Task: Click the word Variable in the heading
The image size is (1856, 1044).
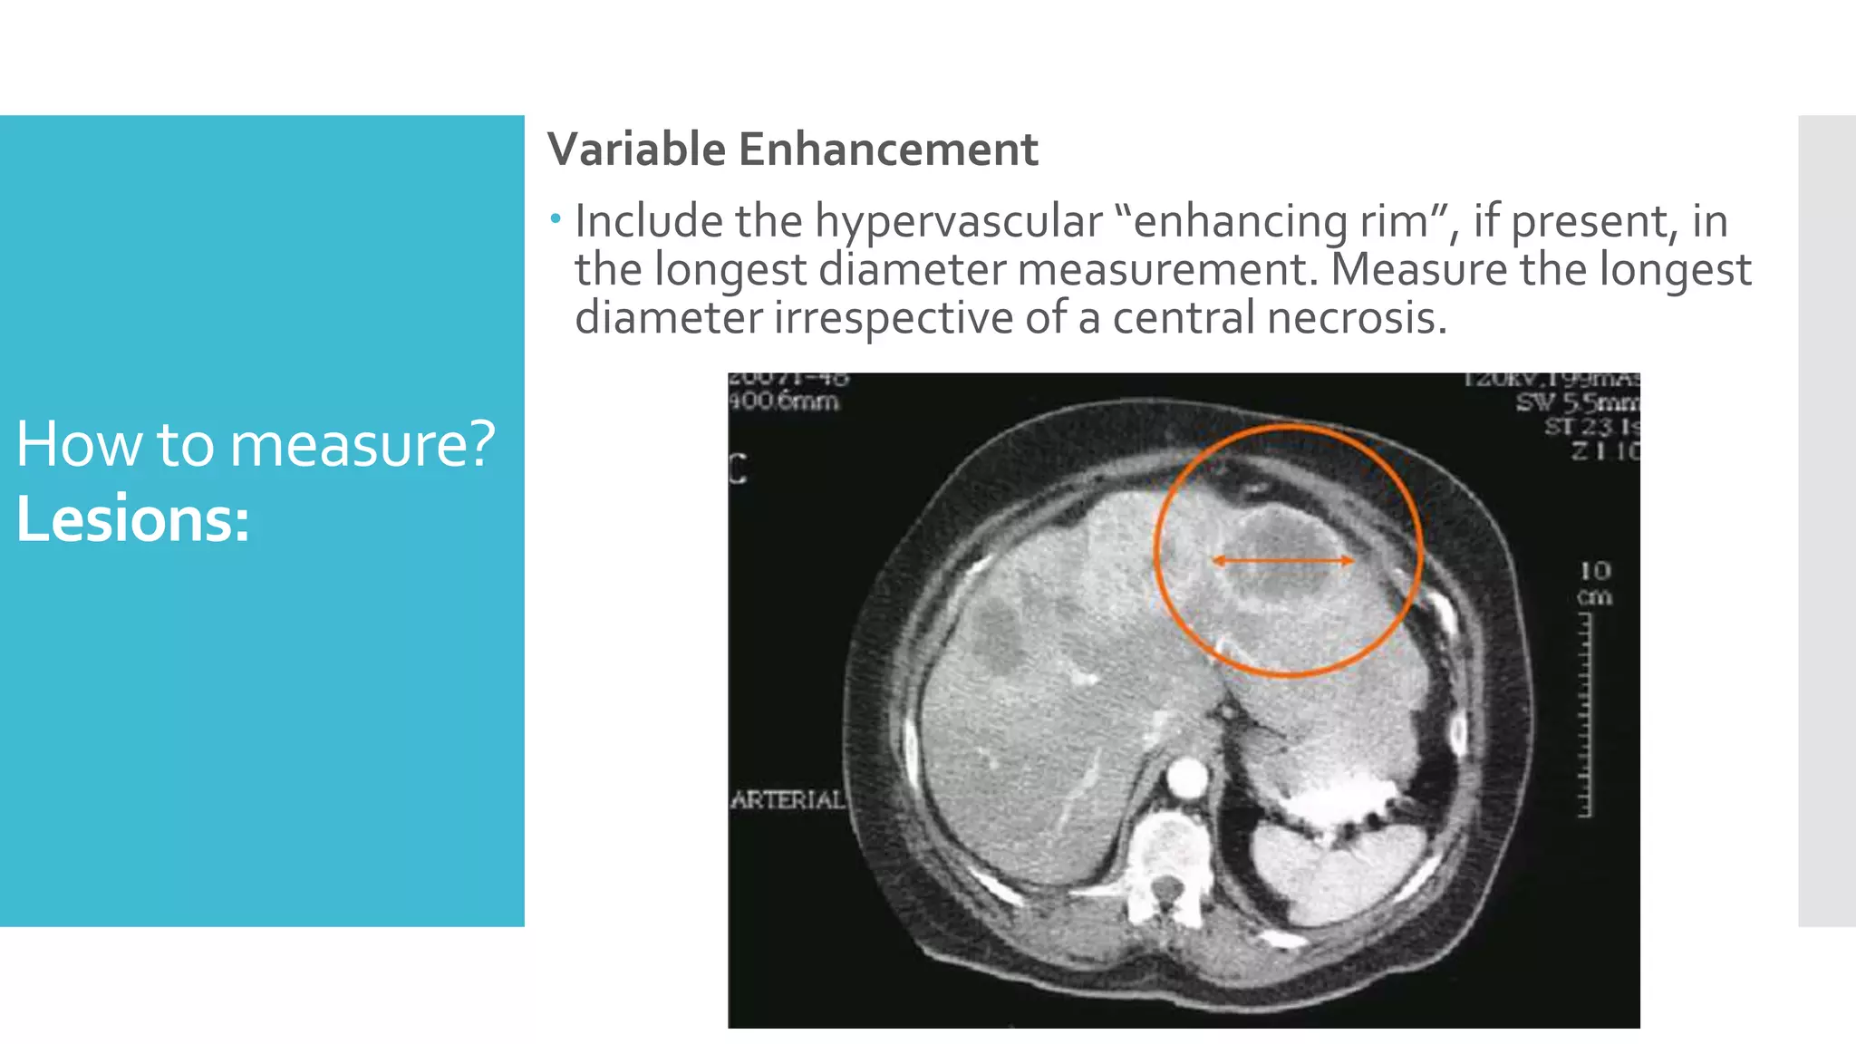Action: (635, 150)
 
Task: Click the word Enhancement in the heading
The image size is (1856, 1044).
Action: (887, 150)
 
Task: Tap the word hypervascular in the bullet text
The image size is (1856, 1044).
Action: (958, 222)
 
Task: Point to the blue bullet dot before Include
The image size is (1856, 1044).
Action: (556, 218)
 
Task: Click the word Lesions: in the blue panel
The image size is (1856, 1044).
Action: (132, 519)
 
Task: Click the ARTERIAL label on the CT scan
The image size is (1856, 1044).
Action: (787, 799)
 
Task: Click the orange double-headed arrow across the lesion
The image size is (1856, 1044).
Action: (1283, 561)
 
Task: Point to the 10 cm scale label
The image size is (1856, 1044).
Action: (1595, 584)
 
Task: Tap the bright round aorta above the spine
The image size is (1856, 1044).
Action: (1187, 778)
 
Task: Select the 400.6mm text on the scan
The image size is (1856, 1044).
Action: (784, 401)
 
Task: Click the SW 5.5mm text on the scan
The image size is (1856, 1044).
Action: (1578, 402)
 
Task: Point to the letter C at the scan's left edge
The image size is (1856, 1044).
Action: (739, 469)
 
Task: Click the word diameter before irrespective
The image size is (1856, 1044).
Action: (668, 318)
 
